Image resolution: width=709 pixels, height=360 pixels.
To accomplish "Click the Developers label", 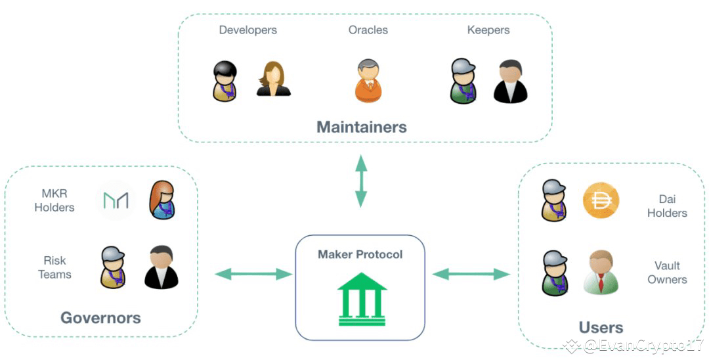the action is (x=247, y=30).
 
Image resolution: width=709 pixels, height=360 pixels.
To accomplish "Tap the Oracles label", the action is (x=368, y=30).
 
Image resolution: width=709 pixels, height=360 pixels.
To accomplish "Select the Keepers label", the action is (x=488, y=30).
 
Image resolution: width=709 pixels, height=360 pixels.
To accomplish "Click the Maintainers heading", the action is (x=362, y=127).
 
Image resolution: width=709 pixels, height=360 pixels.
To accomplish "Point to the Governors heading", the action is (x=101, y=317).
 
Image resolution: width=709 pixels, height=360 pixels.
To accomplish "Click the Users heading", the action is (x=601, y=327).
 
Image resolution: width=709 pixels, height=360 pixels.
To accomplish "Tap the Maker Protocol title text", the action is (x=360, y=255).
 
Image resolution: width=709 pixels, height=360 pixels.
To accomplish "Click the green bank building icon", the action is (x=362, y=299).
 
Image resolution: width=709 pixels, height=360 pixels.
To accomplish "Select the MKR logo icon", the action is (x=116, y=200).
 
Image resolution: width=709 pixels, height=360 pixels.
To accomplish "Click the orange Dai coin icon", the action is (x=601, y=201).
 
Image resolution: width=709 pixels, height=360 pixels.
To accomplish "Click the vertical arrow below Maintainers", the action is (x=361, y=181).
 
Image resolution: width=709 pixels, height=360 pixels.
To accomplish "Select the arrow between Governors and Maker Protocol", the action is (x=253, y=274).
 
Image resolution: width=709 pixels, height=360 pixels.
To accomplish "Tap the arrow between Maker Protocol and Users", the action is (x=471, y=274).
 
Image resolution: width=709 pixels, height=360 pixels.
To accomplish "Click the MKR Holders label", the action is (x=54, y=200).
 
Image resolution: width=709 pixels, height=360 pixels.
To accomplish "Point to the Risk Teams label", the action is (x=54, y=267).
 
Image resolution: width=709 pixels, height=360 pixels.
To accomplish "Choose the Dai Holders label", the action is (x=667, y=206).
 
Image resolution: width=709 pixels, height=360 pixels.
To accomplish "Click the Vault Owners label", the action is (x=667, y=272).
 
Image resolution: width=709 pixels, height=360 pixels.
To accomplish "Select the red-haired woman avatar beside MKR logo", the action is (x=162, y=200).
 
